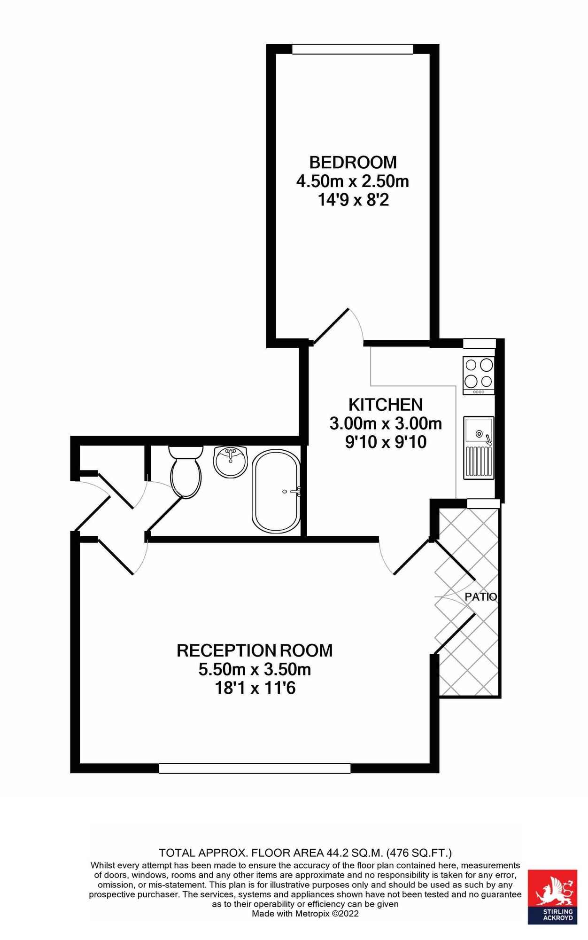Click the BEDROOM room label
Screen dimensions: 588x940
coord(353,162)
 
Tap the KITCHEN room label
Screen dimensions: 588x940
coord(386,405)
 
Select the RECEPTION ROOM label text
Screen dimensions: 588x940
coord(255,650)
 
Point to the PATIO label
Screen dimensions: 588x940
coord(480,596)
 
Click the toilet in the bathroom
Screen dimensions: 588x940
coord(186,471)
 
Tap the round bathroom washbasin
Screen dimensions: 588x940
coord(230,462)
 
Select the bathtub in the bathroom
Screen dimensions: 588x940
coord(276,491)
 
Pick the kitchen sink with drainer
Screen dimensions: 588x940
coord(479,448)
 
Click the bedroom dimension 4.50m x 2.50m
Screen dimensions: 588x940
coord(353,181)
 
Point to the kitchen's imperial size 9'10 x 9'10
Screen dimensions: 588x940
coord(386,442)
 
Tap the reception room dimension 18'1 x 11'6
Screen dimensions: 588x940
coord(255,688)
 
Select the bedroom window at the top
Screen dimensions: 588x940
coord(353,49)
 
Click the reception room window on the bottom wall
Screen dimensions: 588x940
coord(255,768)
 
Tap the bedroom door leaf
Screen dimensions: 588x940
coord(331,326)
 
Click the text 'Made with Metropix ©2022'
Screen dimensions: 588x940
coord(305,914)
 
